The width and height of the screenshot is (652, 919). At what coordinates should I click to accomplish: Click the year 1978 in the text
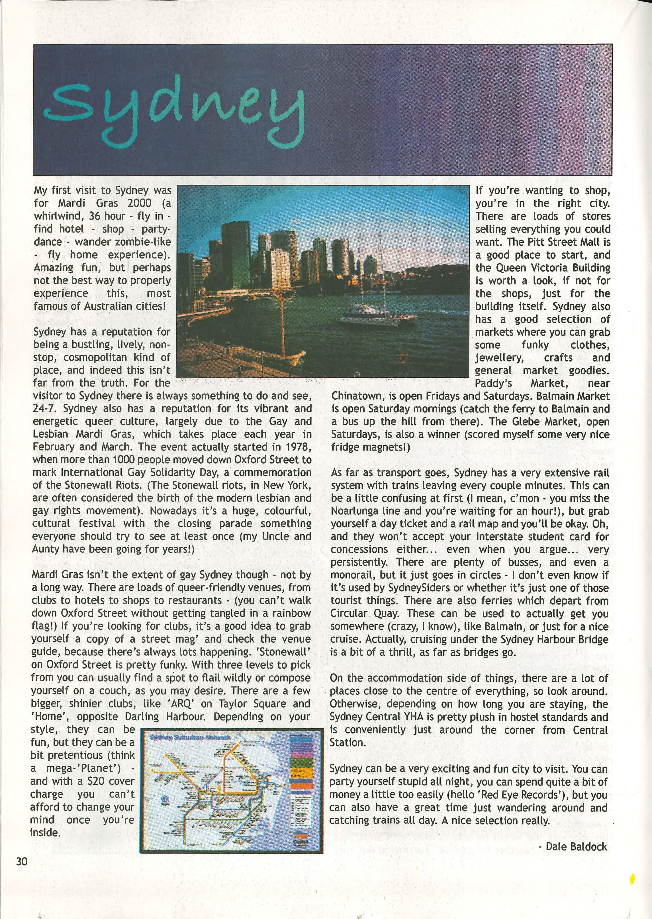tap(297, 447)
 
